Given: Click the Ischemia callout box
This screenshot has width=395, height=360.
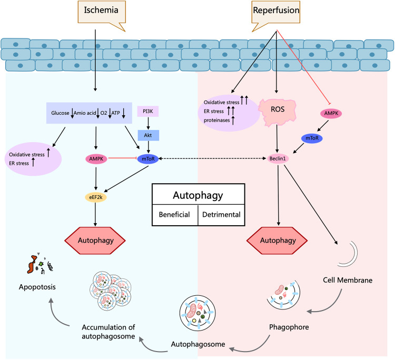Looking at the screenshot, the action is coord(102,12).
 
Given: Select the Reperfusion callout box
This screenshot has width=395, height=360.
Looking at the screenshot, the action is coord(276,12).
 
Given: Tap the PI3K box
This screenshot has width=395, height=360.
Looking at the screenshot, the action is coord(148,111).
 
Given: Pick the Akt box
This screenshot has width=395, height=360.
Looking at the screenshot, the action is coord(148,135).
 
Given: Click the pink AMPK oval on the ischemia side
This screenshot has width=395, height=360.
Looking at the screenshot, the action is coord(96,159).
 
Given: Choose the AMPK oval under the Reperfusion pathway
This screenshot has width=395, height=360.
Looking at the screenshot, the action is coord(331,113).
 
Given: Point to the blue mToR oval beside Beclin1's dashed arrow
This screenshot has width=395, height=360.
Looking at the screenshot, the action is coord(148,159).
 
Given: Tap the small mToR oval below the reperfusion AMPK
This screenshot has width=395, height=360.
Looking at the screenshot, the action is coord(312,138).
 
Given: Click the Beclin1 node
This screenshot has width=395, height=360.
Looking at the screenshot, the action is coord(278,158).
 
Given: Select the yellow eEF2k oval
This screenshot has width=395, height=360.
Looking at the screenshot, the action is coord(96,197).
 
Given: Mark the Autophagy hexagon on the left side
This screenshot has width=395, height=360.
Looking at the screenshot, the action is coord(95,241).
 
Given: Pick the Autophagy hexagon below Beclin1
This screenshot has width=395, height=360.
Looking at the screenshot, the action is coord(277,241).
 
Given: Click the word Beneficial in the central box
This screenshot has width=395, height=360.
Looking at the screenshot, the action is coord(174,215).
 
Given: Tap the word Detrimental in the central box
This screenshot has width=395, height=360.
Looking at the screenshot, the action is coord(221,215).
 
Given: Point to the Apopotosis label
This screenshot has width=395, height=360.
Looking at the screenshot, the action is coord(37,287).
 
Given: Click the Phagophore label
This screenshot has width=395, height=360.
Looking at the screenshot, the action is coord(289,327).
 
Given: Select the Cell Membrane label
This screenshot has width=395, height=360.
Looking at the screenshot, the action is coord(348,280).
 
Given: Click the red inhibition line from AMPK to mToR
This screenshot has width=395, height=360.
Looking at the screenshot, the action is coord(122,158).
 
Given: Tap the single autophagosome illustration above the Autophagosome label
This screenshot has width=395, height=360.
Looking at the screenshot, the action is coord(197,313).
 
